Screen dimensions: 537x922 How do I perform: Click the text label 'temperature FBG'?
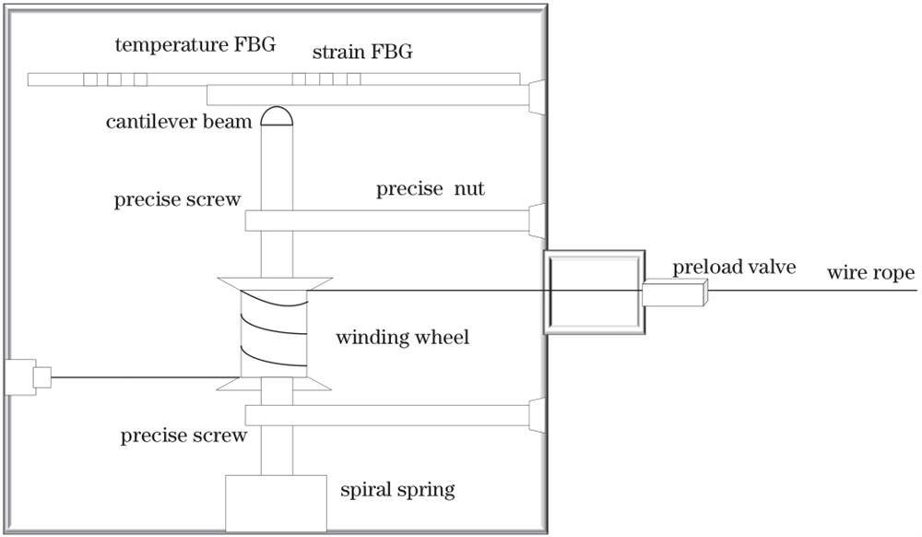(x=195, y=45)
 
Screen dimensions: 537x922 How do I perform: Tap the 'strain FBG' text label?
(x=362, y=53)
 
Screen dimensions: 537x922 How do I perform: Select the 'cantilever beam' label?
(x=179, y=122)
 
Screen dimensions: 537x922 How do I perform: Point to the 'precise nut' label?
(x=430, y=190)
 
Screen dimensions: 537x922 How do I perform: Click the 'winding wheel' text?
(x=402, y=338)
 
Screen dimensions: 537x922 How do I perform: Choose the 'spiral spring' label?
(x=397, y=489)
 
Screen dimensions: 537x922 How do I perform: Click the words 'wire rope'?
(x=870, y=273)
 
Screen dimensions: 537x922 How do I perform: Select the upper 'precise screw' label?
(x=178, y=200)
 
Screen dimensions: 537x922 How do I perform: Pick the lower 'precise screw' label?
(x=183, y=436)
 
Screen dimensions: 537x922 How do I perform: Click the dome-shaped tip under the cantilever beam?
(x=277, y=116)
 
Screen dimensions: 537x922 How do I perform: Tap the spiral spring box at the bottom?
(x=277, y=503)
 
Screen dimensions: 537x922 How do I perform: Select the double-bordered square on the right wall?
(x=592, y=291)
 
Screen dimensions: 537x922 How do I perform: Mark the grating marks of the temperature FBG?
(x=115, y=79)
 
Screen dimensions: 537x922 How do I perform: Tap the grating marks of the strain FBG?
(x=325, y=79)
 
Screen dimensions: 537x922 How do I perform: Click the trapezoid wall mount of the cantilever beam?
(x=537, y=96)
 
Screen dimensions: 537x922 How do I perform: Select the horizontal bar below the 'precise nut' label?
(x=387, y=221)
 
